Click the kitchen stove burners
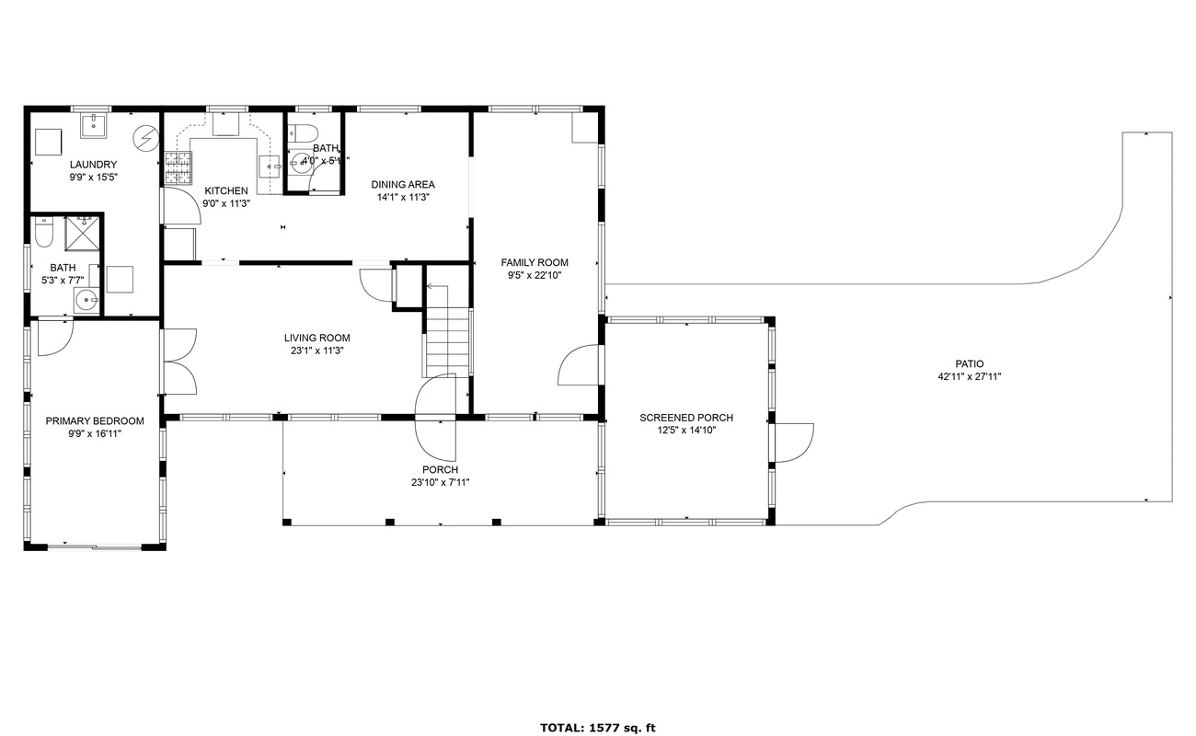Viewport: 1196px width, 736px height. pos(179,166)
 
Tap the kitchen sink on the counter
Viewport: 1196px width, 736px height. pos(269,167)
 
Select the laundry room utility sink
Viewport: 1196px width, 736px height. pos(94,124)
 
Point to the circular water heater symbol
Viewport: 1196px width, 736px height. pos(145,138)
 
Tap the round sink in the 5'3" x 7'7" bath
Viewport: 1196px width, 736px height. pos(86,299)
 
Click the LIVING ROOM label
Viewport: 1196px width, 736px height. pos(316,338)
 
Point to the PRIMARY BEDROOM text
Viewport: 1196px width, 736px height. pos(95,421)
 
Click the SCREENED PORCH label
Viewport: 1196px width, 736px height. pos(686,418)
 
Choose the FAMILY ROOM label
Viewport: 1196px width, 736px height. pos(535,262)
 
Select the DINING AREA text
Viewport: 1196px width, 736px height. pos(403,184)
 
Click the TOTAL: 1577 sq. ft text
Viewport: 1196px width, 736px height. pos(597,728)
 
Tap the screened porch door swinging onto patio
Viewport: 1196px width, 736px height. pos(793,443)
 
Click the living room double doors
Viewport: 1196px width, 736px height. pos(178,361)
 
